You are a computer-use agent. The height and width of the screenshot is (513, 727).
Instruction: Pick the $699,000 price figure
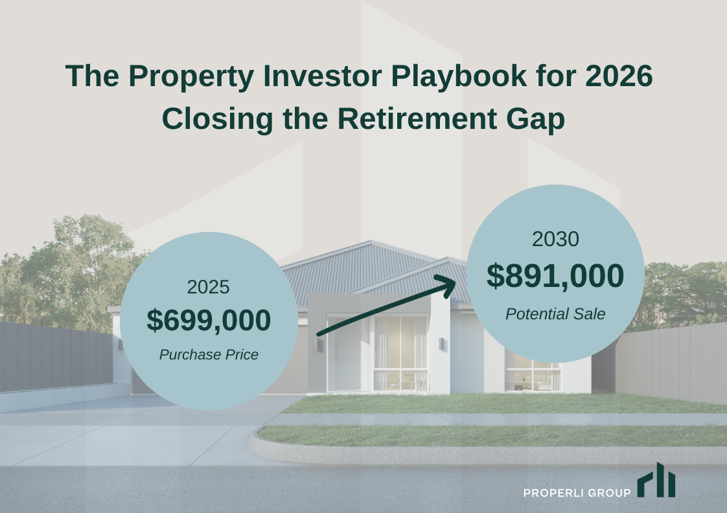[209, 321]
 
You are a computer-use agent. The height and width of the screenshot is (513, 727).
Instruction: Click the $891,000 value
[555, 276]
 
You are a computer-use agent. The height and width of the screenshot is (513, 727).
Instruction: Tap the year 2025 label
[209, 287]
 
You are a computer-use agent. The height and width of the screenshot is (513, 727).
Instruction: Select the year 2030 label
[555, 240]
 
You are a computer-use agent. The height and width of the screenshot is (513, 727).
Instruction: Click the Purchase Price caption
[209, 355]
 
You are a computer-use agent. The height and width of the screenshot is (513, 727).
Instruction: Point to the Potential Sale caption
[555, 314]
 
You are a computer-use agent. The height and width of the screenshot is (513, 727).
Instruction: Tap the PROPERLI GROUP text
[577, 494]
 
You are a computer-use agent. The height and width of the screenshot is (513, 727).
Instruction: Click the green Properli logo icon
[656, 480]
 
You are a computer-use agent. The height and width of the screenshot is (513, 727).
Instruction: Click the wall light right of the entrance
[441, 343]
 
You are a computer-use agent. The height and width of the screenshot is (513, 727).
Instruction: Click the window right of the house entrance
[531, 372]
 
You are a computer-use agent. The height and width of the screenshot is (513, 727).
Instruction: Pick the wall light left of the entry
[319, 345]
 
